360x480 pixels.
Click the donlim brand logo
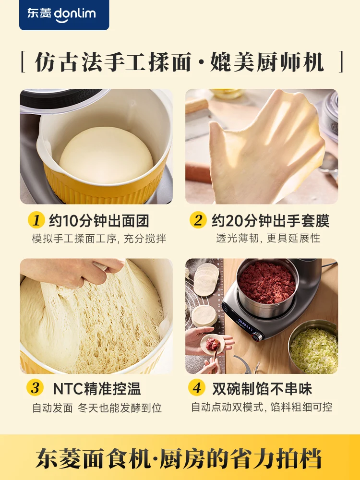coord(64,14)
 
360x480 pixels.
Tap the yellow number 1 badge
coord(36,220)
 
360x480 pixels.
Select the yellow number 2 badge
coord(198,220)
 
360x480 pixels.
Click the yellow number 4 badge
coord(198,388)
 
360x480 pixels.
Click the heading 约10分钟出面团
coord(99,221)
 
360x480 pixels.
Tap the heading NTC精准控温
coord(96,388)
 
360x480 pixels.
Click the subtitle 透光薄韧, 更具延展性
coord(268,238)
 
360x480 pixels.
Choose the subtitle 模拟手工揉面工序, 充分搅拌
coord(99,239)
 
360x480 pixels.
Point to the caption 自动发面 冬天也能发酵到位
coord(97,408)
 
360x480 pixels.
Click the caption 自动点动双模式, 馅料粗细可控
coord(262,407)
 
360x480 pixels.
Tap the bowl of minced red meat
coord(267,283)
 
